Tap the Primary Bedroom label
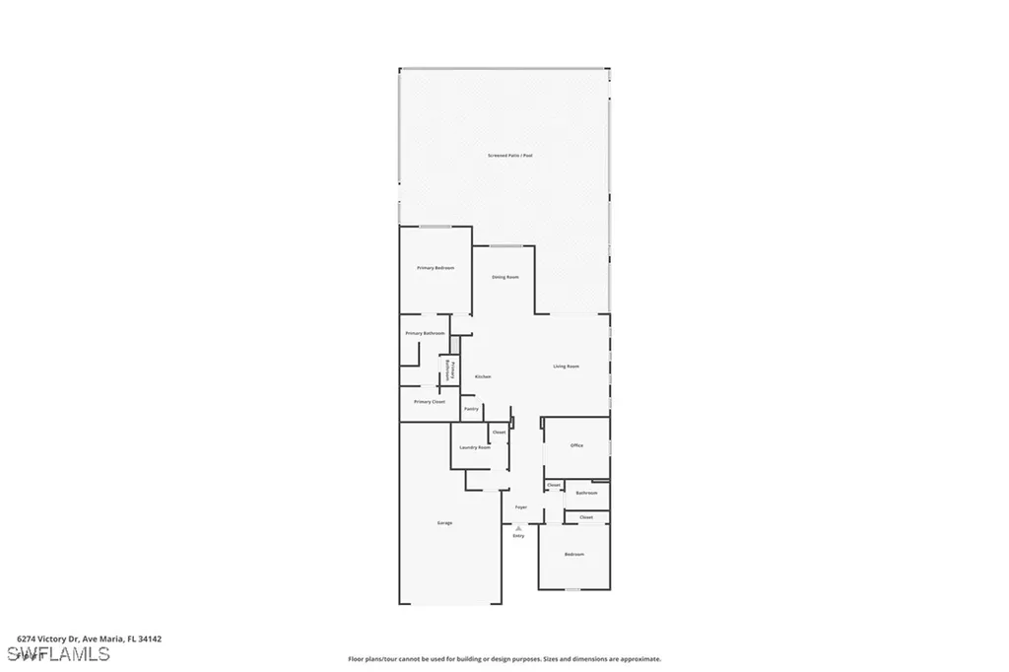[x=436, y=267]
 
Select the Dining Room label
[x=505, y=277]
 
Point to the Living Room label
[x=566, y=367]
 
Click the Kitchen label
[x=483, y=377]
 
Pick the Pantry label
[x=471, y=408]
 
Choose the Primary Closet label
[x=430, y=402]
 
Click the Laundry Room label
[x=475, y=447]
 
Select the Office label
[x=577, y=445]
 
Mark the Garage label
[x=445, y=522]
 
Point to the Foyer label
[x=521, y=507]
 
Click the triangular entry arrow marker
[x=519, y=527]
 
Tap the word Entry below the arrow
[x=519, y=536]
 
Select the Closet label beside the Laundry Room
[x=500, y=433]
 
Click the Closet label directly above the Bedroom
[x=586, y=517]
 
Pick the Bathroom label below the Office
[x=586, y=493]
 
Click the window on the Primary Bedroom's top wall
[x=435, y=227]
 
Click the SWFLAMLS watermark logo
[x=58, y=654]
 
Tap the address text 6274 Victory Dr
[x=49, y=638]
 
